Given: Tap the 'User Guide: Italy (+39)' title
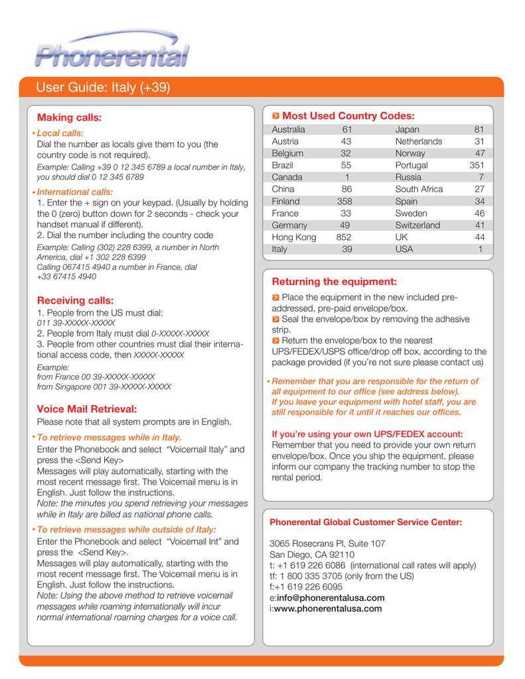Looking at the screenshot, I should point(104,88).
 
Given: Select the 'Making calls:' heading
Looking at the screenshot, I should point(69,117).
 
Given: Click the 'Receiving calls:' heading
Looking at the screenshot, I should point(75,300).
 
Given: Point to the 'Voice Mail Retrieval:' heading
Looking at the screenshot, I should point(87,408).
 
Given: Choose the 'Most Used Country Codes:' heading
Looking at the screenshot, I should point(348,115).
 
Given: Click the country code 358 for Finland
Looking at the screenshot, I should point(344,201).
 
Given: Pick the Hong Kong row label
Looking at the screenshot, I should point(294,237).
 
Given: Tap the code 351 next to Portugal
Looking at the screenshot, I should point(476,165).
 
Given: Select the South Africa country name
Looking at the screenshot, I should point(419,189).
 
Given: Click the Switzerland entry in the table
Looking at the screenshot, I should point(417,225).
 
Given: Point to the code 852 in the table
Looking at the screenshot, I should point(343,237).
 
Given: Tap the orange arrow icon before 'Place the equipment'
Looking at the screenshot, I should point(276,298).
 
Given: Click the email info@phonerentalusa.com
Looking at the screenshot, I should point(331,597).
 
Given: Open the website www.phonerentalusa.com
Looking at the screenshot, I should point(328,608).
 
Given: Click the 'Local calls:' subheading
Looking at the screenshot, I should point(60,133).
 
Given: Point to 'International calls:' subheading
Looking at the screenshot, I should point(75,192).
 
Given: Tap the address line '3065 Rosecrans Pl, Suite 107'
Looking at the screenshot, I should point(327,544).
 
